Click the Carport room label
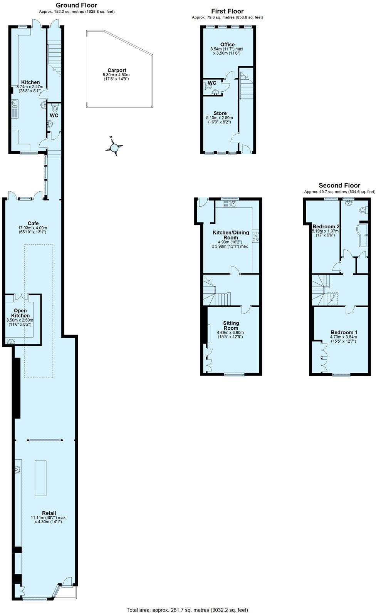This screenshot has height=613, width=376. (117, 70)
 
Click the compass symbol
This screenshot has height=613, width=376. (114, 147)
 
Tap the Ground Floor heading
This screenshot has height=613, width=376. (76, 5)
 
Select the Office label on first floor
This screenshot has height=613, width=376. (227, 44)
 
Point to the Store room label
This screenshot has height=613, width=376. (220, 113)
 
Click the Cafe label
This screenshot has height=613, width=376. (33, 223)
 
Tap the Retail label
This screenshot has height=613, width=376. (49, 513)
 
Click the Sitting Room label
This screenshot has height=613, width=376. (231, 326)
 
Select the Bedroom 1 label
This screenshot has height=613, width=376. (344, 332)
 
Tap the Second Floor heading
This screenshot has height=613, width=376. (339, 186)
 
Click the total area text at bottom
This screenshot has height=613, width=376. (187, 610)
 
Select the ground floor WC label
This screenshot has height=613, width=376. (54, 115)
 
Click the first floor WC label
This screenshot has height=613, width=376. (212, 83)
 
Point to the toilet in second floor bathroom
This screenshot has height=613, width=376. (363, 210)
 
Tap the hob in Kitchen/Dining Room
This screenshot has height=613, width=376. (255, 236)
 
